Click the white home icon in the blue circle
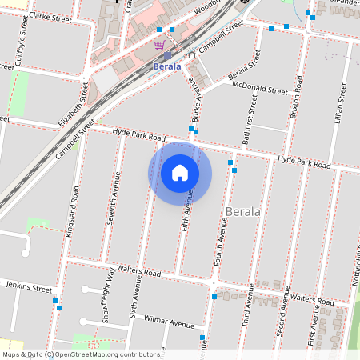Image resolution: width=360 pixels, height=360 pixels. [180, 172]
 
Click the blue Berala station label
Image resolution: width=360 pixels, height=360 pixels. [168, 67]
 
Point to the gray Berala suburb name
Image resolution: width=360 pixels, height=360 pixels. [243, 212]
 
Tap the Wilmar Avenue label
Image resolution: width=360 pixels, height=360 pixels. [170, 323]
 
